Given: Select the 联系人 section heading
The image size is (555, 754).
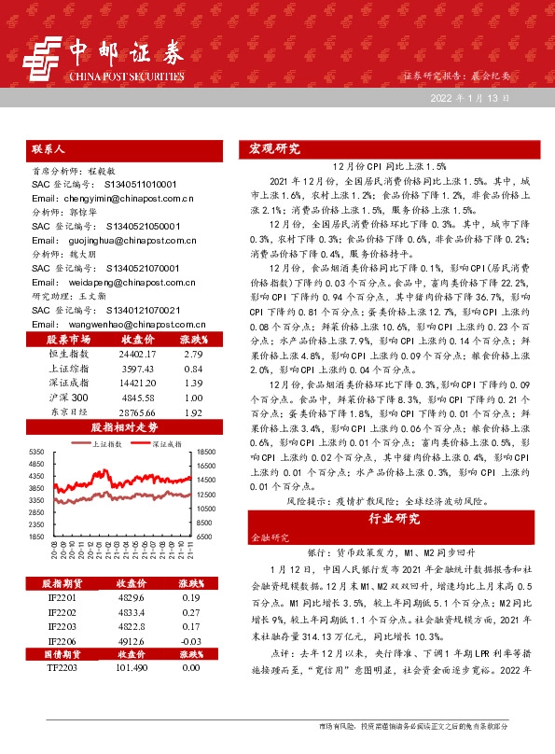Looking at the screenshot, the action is [x=48, y=149].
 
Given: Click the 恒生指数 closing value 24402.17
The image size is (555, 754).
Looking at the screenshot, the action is [x=137, y=355].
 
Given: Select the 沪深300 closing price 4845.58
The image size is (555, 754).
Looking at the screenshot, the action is [x=137, y=398].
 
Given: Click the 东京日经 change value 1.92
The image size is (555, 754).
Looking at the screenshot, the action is [x=192, y=412].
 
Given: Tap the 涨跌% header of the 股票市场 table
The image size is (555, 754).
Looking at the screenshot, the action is [x=193, y=340].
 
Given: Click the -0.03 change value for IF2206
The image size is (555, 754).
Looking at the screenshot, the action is [x=192, y=641].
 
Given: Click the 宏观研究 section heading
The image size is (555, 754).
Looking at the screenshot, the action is [x=274, y=148].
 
